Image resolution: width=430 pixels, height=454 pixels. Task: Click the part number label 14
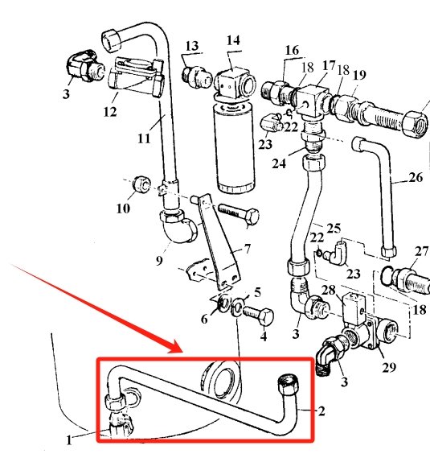(233, 40)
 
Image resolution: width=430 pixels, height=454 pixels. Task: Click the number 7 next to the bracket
(248, 249)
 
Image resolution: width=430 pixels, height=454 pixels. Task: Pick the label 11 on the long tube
(144, 138)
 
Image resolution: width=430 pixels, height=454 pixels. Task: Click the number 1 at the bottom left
(70, 440)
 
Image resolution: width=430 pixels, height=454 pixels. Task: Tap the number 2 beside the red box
(321, 412)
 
